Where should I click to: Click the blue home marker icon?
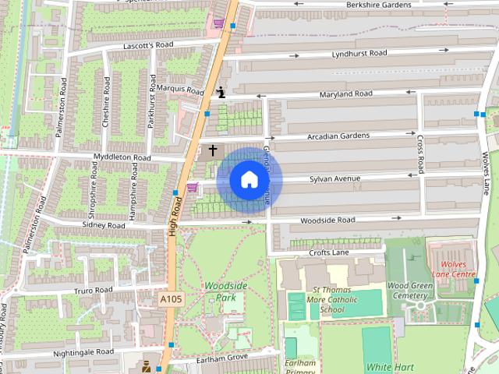tap(249, 179)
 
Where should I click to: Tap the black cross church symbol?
tap(212, 149)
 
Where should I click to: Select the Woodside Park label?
tap(225, 292)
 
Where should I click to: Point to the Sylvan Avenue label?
tap(335, 179)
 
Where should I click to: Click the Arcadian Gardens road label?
tap(338, 136)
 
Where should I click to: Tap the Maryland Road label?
tap(346, 94)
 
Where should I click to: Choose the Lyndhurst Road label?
tap(359, 53)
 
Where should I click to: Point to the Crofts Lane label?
tap(329, 252)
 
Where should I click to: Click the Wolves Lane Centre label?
tap(453, 270)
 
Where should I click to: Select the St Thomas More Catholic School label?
tap(332, 300)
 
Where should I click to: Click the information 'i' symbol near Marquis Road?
tap(221, 92)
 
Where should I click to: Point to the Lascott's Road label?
tap(147, 46)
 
